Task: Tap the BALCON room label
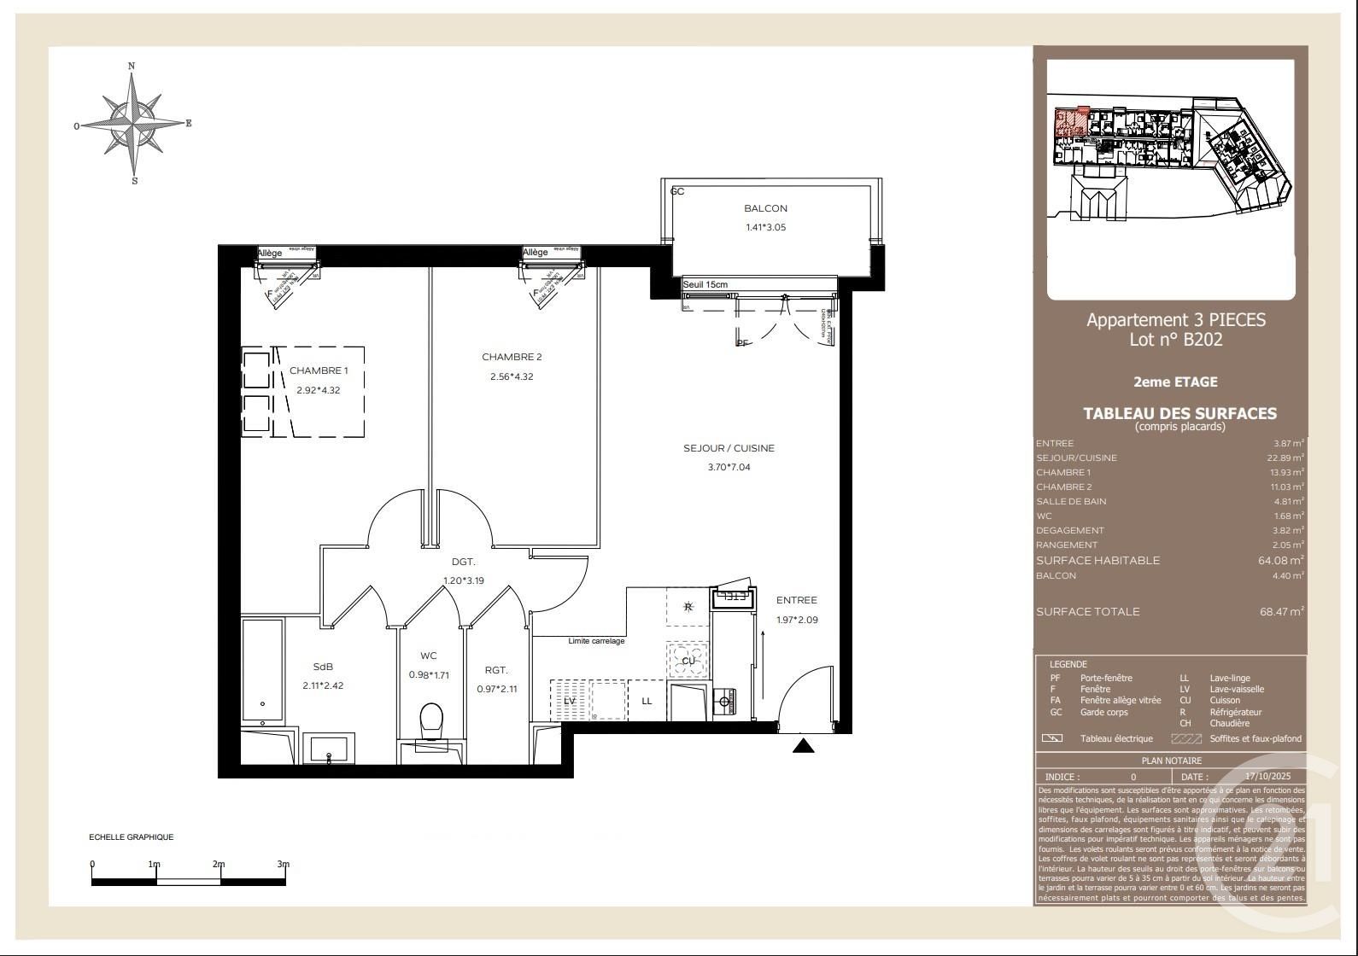(765, 208)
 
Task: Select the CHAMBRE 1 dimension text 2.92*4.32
(319, 390)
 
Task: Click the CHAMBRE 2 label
(512, 357)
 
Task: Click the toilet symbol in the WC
(431, 720)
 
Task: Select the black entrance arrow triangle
(804, 747)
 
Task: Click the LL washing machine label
(647, 701)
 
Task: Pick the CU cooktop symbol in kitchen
(688, 661)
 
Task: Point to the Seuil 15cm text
(705, 284)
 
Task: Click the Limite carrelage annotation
(596, 641)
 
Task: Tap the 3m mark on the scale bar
(284, 865)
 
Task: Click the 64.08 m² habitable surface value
(1280, 561)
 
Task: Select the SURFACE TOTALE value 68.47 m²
(1280, 612)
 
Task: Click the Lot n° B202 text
(1175, 340)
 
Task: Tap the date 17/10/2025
(1268, 777)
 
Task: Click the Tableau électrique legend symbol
(1052, 738)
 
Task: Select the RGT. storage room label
(496, 670)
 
